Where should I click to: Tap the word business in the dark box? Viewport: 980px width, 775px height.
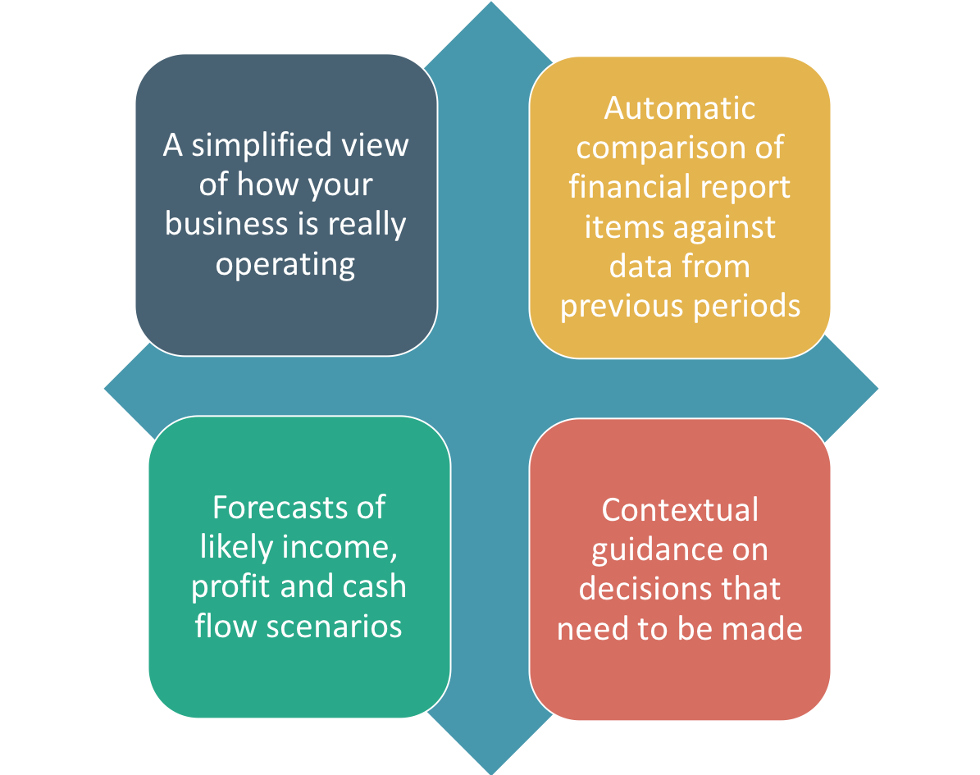[x=217, y=224]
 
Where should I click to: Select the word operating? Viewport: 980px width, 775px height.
[x=285, y=264]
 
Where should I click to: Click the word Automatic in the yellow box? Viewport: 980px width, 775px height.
[x=679, y=108]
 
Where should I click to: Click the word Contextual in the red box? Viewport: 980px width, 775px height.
[x=680, y=510]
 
